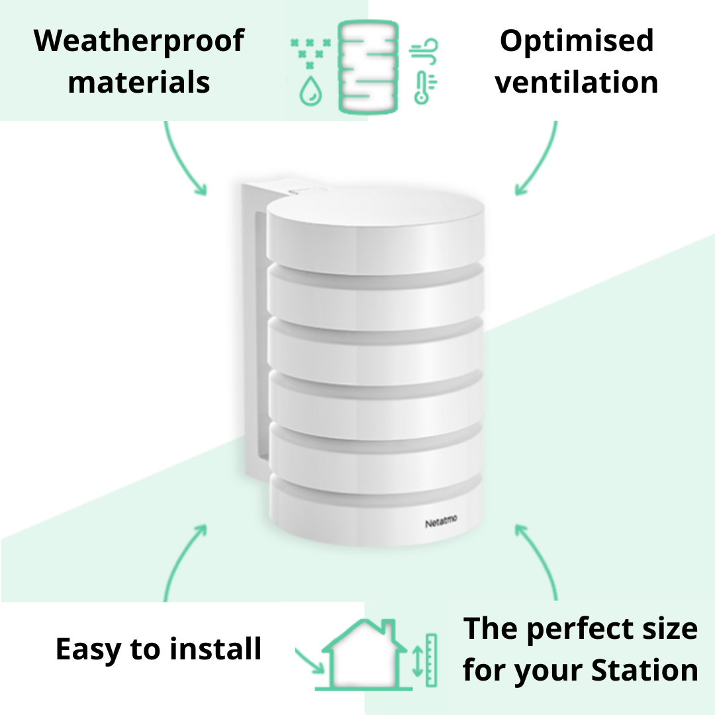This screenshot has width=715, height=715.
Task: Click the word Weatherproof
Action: click(139, 41)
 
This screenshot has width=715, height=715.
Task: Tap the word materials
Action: click(139, 83)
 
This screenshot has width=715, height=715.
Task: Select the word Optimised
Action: click(577, 41)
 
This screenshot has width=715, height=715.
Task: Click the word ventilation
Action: click(577, 83)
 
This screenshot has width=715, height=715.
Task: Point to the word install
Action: click(215, 649)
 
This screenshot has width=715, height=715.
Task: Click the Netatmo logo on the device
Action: click(441, 523)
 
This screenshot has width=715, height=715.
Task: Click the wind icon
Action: click(424, 52)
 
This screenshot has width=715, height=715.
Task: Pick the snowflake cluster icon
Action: click(310, 53)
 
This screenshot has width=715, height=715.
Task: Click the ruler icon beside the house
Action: click(432, 659)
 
